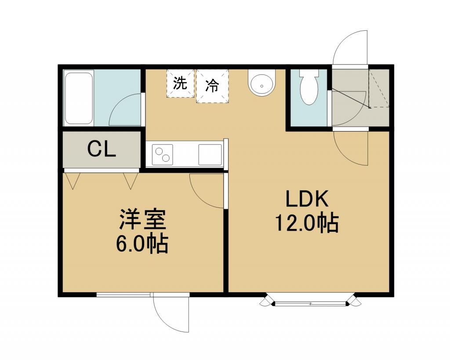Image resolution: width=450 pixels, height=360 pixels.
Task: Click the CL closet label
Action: tap(102, 149)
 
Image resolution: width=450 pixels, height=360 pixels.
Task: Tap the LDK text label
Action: tap(307, 199)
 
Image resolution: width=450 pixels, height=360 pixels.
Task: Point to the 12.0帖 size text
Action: tap(307, 223)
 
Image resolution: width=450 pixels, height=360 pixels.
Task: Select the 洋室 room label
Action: tap(143, 220)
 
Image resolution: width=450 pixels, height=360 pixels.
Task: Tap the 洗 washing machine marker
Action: tap(180, 83)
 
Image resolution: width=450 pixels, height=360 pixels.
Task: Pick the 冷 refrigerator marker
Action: tap(212, 85)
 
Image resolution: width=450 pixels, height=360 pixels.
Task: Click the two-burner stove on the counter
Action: tap(163, 155)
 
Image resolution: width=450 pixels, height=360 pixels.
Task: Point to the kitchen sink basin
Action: tap(210, 155)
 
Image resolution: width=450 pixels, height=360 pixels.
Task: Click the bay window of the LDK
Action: tap(310, 301)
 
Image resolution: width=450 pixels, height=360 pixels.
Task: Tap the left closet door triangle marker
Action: tap(73, 181)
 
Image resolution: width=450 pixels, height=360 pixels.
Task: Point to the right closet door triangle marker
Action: tap(131, 181)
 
